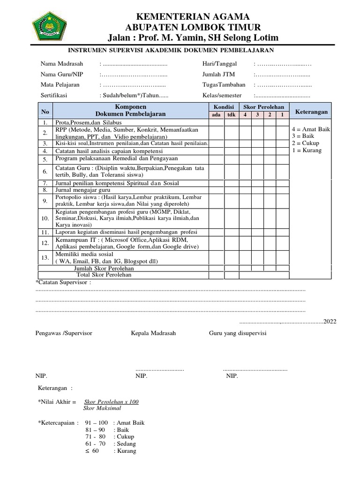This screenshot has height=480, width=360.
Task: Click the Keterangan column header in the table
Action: point(311,111)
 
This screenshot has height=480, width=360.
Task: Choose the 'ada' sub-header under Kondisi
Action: point(216,115)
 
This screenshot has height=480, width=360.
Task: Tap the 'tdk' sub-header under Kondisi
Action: point(231,115)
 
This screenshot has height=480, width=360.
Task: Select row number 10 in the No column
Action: point(45,218)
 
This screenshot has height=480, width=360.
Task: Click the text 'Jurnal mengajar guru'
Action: point(82,190)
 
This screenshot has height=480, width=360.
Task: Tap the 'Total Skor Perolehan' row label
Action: point(104,275)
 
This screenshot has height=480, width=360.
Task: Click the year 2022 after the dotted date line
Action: point(330,322)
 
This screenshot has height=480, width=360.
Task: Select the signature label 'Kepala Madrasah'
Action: point(153,333)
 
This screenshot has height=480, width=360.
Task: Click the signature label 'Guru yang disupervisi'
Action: point(238,333)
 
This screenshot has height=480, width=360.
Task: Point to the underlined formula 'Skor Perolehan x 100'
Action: point(111,402)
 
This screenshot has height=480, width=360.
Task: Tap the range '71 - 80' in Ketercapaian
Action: point(95,436)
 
